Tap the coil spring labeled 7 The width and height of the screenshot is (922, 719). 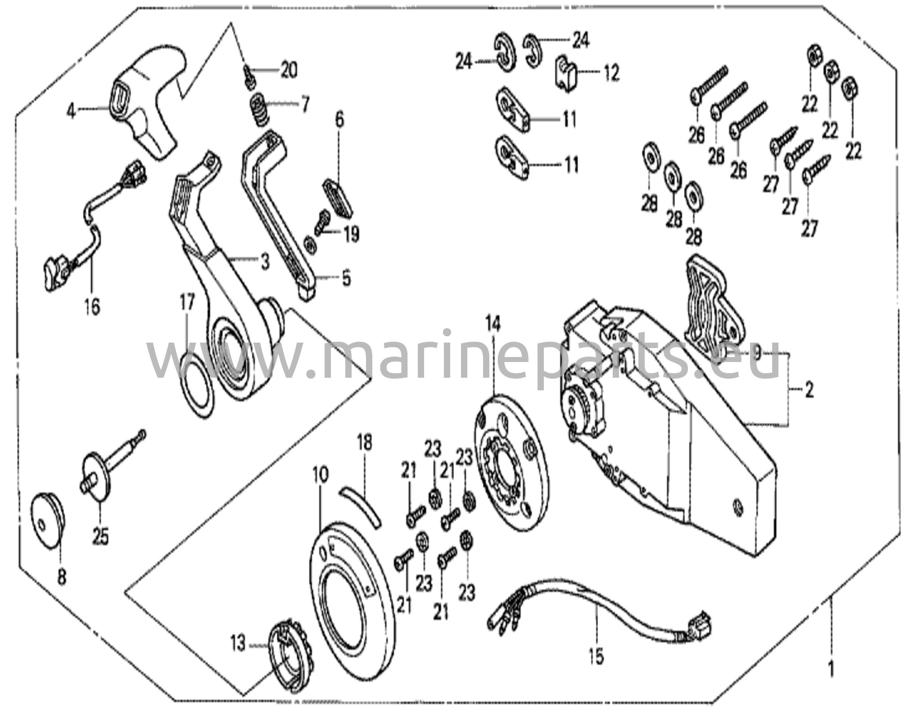(x=260, y=110)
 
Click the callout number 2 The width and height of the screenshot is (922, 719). (x=809, y=390)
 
